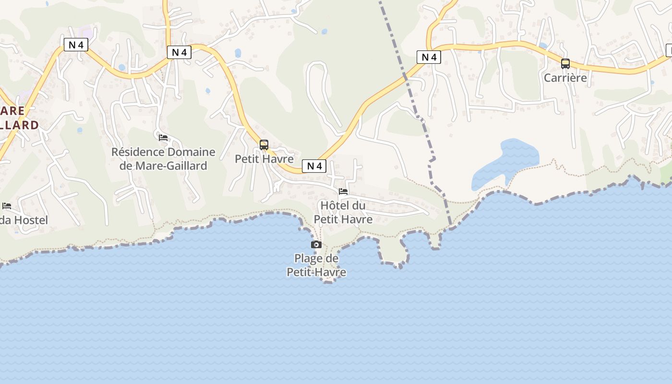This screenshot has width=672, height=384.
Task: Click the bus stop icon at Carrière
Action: pyautogui.click(x=565, y=63)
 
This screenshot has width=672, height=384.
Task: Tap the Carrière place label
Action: pyautogui.click(x=565, y=78)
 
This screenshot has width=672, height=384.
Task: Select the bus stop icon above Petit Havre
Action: pyautogui.click(x=264, y=144)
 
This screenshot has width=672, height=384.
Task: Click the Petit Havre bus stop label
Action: pyautogui.click(x=264, y=159)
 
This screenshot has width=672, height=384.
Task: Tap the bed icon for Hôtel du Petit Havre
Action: pyautogui.click(x=343, y=192)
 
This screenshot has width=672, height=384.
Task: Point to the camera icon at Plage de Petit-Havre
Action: pyautogui.click(x=316, y=245)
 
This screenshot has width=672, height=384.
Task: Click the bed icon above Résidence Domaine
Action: pyautogui.click(x=163, y=138)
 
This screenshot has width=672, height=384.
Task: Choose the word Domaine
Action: pyautogui.click(x=191, y=152)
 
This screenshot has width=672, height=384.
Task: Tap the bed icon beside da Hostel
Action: pyautogui.click(x=7, y=206)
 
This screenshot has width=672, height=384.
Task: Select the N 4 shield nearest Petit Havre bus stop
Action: pyautogui.click(x=314, y=166)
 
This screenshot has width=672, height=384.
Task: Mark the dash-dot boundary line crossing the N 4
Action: pyautogui.click(x=406, y=77)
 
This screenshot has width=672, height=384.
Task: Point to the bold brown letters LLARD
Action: pyautogui.click(x=19, y=125)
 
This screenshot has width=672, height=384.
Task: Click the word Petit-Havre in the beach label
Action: pyautogui.click(x=316, y=273)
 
